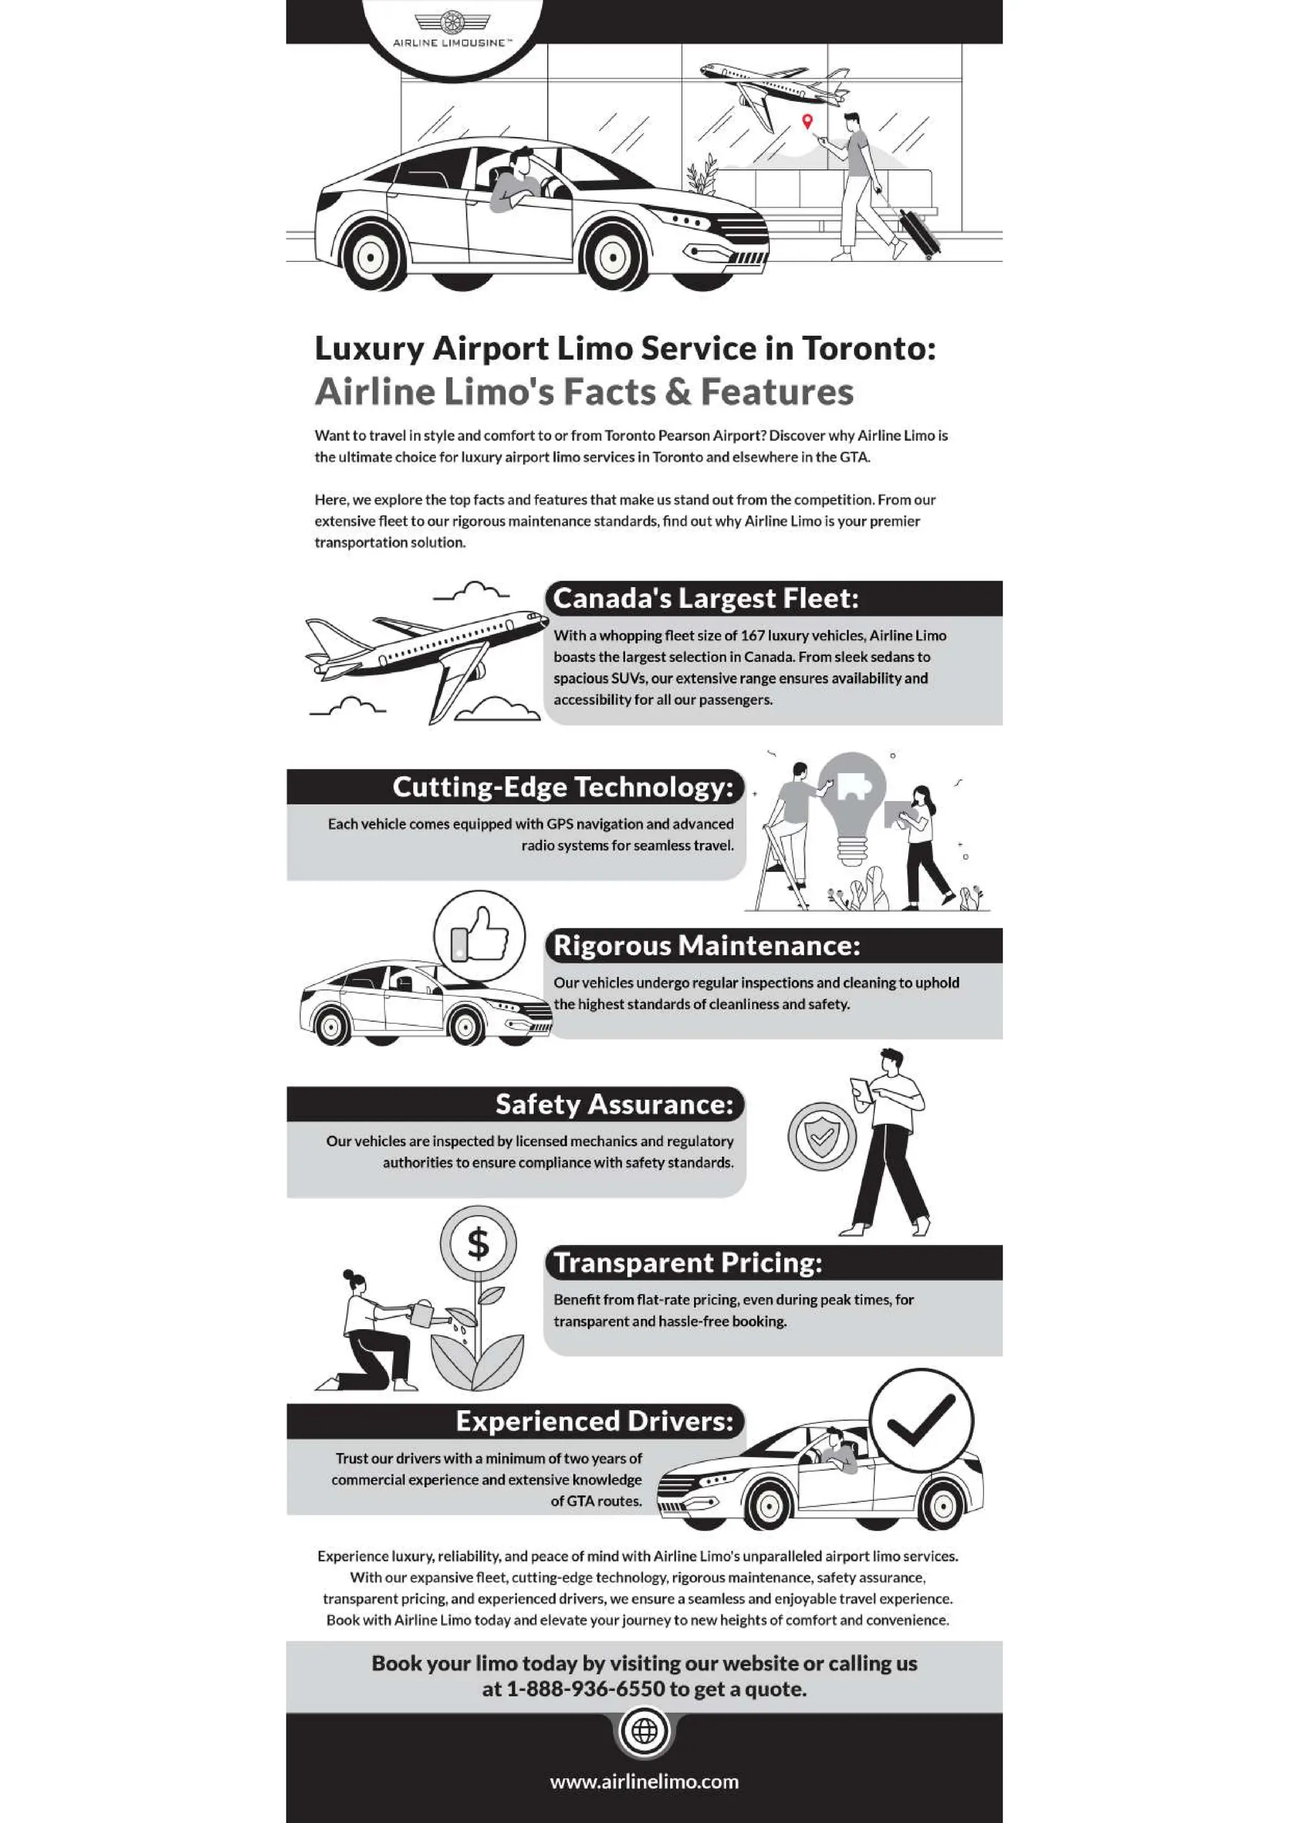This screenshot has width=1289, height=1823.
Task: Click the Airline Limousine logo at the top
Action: (453, 28)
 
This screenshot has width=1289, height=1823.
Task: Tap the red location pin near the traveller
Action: (807, 121)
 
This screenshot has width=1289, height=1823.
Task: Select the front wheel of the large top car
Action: (612, 257)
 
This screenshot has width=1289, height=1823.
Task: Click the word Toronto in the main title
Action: (868, 348)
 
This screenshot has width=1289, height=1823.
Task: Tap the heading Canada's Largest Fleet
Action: (706, 599)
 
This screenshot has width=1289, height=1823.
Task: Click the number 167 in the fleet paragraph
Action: (751, 635)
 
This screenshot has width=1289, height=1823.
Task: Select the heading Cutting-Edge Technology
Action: (562, 787)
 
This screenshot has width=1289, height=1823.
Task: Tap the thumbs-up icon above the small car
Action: (479, 935)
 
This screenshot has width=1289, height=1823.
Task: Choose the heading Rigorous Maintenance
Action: (706, 945)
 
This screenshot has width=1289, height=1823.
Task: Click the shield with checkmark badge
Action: (821, 1136)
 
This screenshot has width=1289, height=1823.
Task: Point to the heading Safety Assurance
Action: (614, 1105)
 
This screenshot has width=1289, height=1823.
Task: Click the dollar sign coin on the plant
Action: (478, 1244)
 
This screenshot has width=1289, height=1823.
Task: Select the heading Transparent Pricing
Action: (688, 1263)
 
